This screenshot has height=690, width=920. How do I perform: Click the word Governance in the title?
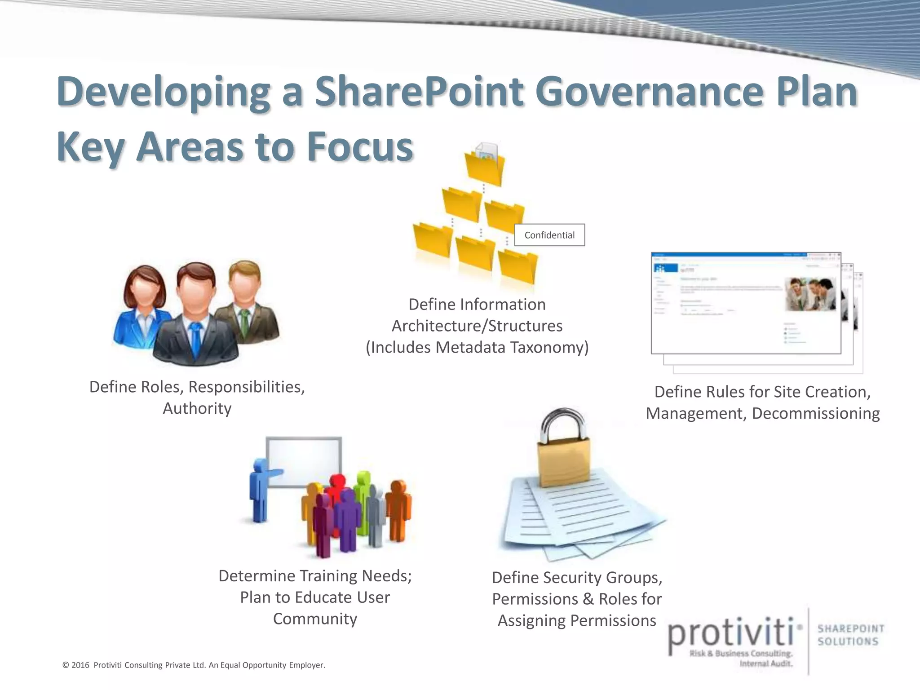tap(649, 92)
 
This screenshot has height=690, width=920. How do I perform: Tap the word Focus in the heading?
tap(359, 147)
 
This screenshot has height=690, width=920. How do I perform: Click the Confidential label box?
tap(549, 235)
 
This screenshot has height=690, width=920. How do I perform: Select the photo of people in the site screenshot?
tap(810, 294)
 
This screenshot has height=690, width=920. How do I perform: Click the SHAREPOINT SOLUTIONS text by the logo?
tap(850, 635)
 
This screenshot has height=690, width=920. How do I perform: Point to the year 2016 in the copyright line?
tap(80, 665)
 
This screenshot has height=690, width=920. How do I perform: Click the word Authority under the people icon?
tap(197, 408)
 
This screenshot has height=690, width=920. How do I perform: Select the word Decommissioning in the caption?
tap(815, 413)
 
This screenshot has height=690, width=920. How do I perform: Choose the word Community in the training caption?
tap(315, 619)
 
